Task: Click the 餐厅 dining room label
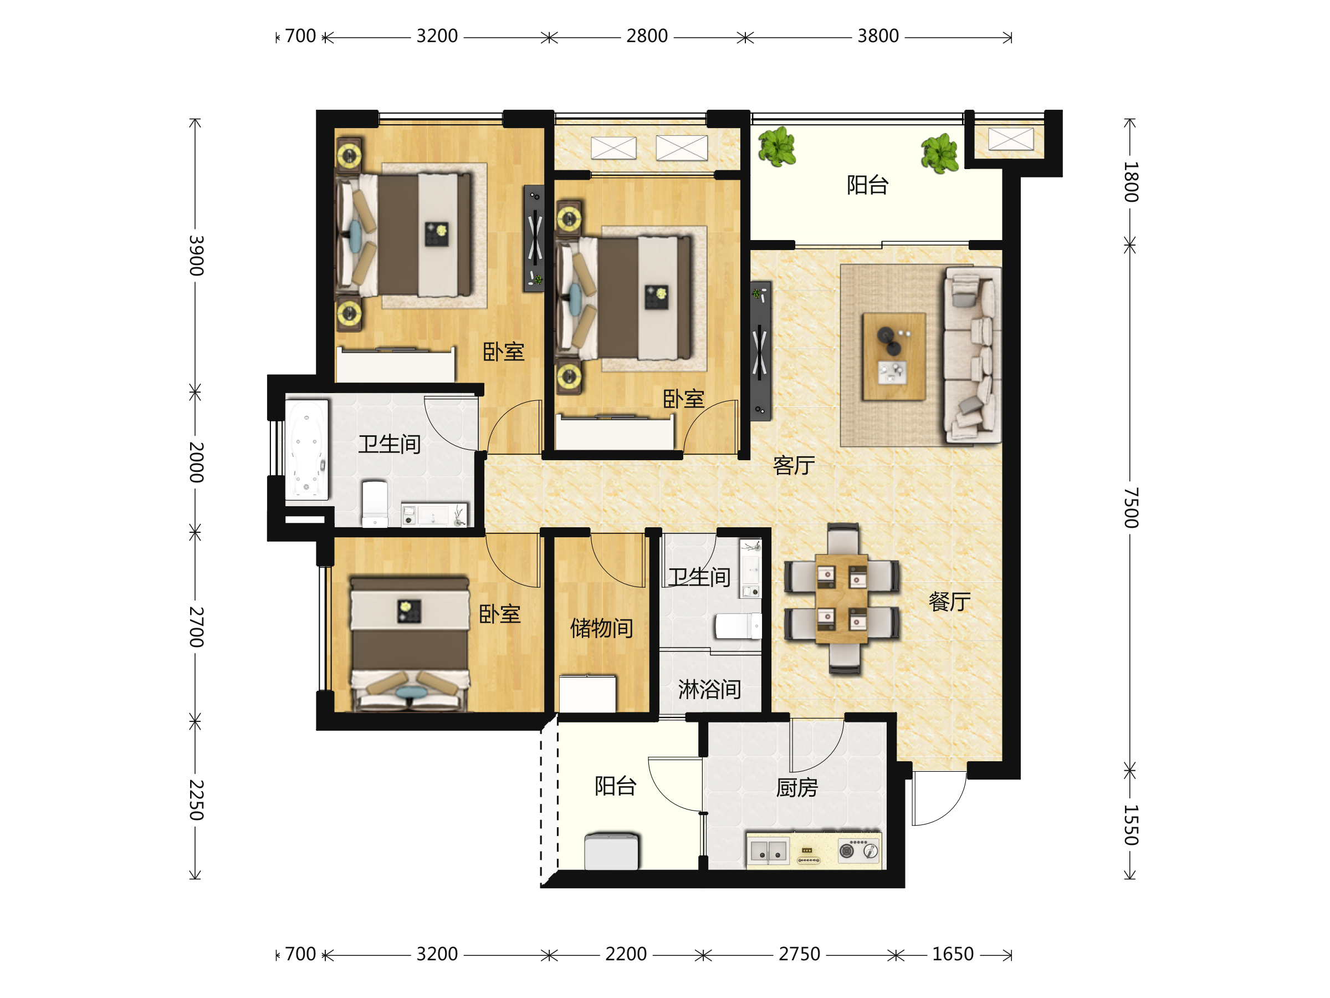(x=949, y=602)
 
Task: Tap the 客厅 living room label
(x=794, y=465)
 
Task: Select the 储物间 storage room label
(x=601, y=628)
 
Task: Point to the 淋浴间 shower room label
(x=709, y=689)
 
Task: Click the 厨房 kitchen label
(x=797, y=787)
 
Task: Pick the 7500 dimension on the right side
(x=1131, y=508)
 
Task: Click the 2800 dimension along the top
(x=647, y=36)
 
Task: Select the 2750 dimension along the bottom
(x=799, y=954)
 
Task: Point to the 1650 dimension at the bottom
(x=953, y=954)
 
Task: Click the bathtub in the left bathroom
(x=307, y=450)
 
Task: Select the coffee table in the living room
(x=893, y=356)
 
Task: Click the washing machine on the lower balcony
(x=611, y=851)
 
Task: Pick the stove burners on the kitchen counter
(x=858, y=851)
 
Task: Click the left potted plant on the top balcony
(x=777, y=146)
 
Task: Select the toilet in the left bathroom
(x=375, y=503)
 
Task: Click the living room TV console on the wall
(x=760, y=352)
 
